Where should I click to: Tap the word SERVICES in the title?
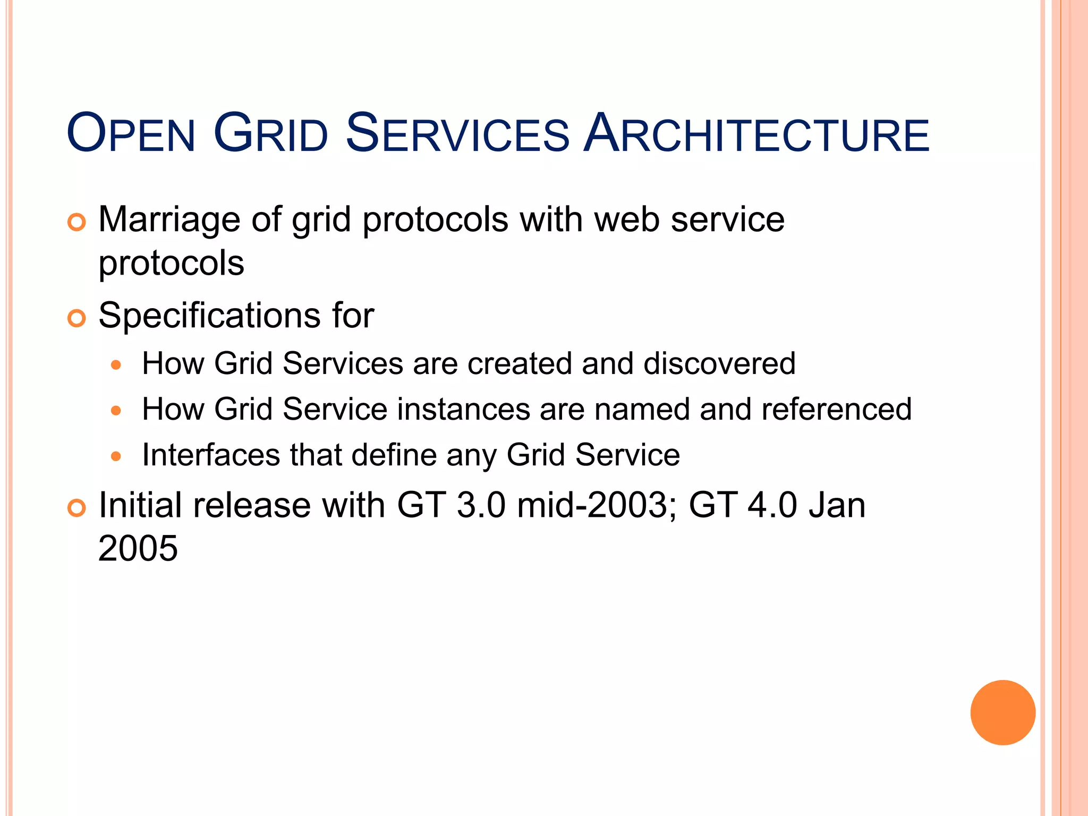[x=457, y=133]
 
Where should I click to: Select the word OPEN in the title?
[x=131, y=133]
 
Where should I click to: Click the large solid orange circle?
[x=1002, y=712]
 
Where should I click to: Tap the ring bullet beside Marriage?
[x=76, y=222]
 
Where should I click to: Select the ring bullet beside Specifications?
[x=76, y=318]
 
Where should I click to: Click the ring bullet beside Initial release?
[x=76, y=508]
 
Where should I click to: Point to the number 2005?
[x=138, y=548]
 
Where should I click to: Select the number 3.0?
[x=481, y=505]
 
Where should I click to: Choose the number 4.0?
[x=772, y=505]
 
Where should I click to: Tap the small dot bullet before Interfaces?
[x=116, y=456]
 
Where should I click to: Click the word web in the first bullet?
[x=627, y=220]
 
